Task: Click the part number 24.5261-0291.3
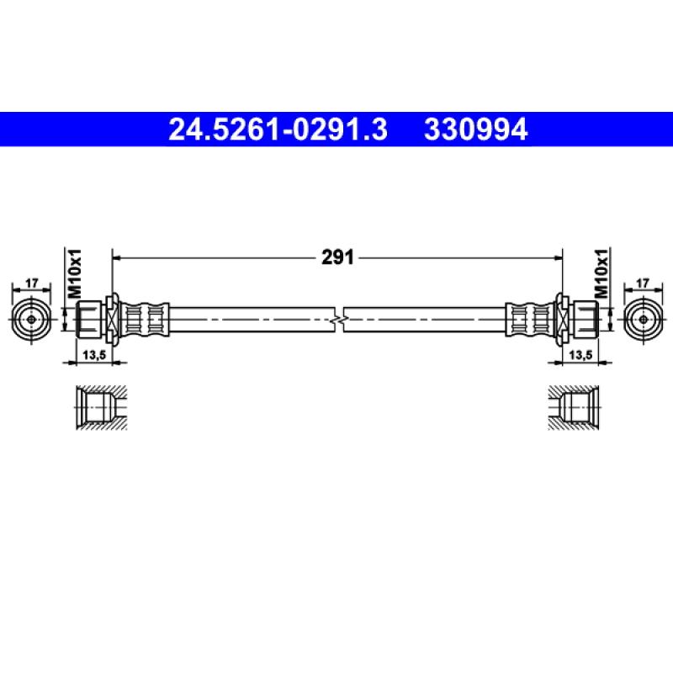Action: click(278, 130)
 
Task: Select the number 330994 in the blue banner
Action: click(476, 130)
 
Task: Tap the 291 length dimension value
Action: click(336, 258)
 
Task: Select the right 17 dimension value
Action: click(644, 285)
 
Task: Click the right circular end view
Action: click(644, 320)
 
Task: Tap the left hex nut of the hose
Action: click(90, 320)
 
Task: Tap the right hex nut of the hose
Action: click(584, 320)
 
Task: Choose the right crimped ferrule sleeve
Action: click(530, 320)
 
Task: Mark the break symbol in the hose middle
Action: click(338, 320)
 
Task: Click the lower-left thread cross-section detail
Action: click(99, 409)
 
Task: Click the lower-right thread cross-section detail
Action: click(574, 409)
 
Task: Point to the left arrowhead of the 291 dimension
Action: click(117, 258)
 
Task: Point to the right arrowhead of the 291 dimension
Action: click(557, 258)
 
